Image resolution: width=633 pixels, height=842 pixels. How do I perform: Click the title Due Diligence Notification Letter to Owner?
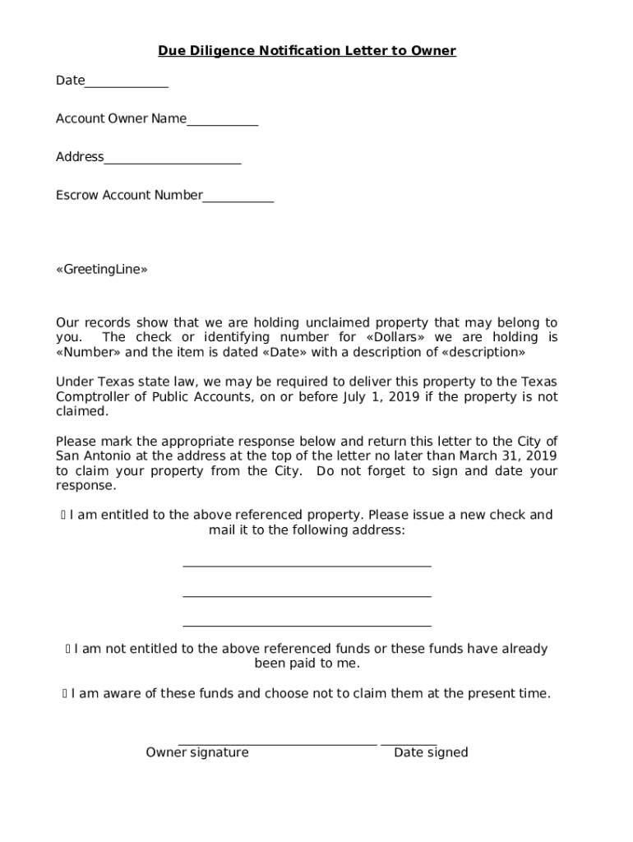point(307,51)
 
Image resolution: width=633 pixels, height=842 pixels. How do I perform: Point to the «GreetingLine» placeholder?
point(102,270)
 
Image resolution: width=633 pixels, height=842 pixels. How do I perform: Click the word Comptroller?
point(95,396)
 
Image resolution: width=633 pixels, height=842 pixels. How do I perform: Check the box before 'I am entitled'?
point(63,516)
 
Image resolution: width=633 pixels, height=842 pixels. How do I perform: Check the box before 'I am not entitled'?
point(68,650)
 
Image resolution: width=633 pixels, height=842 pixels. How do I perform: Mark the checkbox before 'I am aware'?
point(65,694)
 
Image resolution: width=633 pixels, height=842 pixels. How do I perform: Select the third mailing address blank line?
point(307,625)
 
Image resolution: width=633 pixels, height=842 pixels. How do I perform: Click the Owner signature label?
point(197,752)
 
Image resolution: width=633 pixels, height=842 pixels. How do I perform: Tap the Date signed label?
point(431,752)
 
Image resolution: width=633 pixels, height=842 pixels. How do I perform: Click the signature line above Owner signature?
point(277,743)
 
